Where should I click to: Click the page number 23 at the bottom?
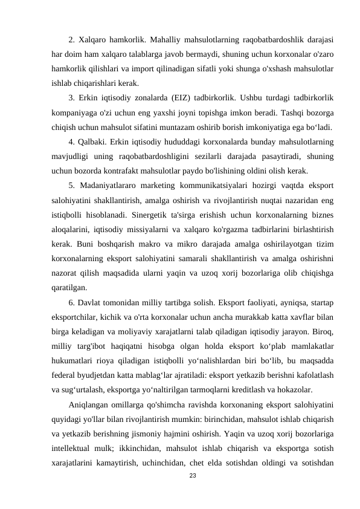pyautogui.click(x=192, y=477)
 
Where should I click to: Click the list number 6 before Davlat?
pyautogui.click(x=72, y=301)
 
